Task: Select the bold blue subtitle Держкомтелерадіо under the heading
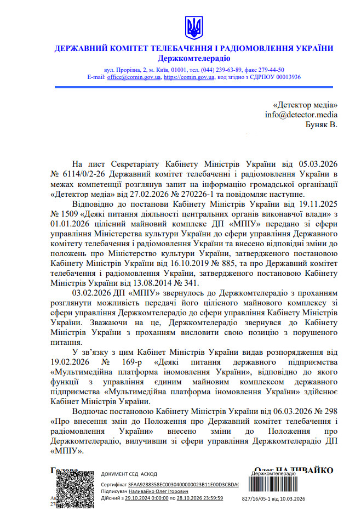pos(194,58)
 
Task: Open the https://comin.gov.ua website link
pos(189,77)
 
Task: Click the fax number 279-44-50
pos(269,70)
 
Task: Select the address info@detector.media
pos(301,115)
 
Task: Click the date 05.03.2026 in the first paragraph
pos(318,163)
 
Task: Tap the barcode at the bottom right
pos(277,483)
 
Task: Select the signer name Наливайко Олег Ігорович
pos(156,492)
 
